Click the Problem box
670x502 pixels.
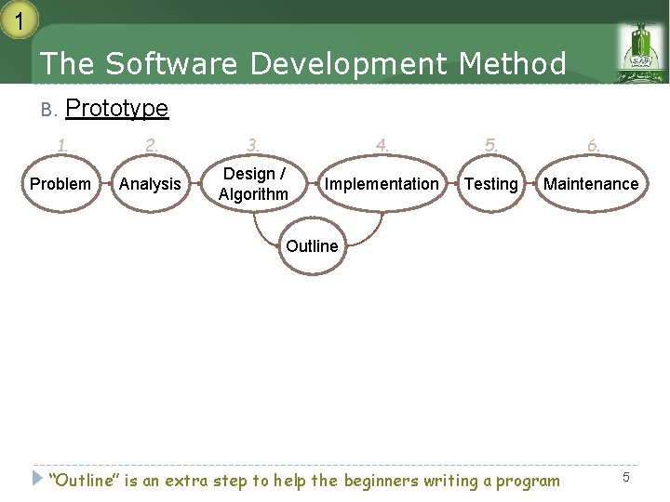click(x=60, y=184)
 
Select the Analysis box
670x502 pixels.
click(x=150, y=184)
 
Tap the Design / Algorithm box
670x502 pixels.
click(x=253, y=184)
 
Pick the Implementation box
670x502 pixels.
click(x=381, y=184)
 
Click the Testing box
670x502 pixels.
click(x=490, y=184)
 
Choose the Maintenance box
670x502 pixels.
click(x=591, y=184)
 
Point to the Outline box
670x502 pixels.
click(x=312, y=246)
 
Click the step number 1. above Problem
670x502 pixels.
click(x=62, y=145)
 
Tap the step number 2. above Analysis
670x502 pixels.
click(x=151, y=145)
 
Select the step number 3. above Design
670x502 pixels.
click(x=253, y=145)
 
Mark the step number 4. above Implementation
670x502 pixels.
click(x=382, y=145)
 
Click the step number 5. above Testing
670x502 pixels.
click(x=490, y=145)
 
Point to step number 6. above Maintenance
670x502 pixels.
click(x=593, y=145)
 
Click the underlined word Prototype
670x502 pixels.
click(x=117, y=109)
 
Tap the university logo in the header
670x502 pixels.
click(x=639, y=52)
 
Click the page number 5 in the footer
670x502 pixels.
click(x=626, y=477)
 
